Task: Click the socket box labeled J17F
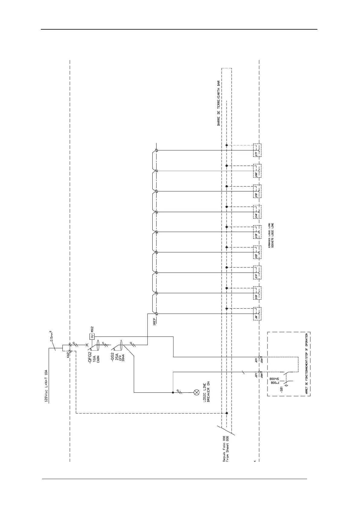pyautogui.click(x=257, y=151)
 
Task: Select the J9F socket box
pyautogui.click(x=257, y=314)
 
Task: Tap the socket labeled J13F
pyautogui.click(x=257, y=232)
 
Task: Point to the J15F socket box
pyautogui.click(x=257, y=191)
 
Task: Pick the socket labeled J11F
pyautogui.click(x=257, y=273)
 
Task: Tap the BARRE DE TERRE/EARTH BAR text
pyautogui.click(x=219, y=103)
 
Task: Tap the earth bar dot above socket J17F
pyautogui.click(x=227, y=145)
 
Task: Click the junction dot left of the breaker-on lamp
pyautogui.click(x=173, y=393)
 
